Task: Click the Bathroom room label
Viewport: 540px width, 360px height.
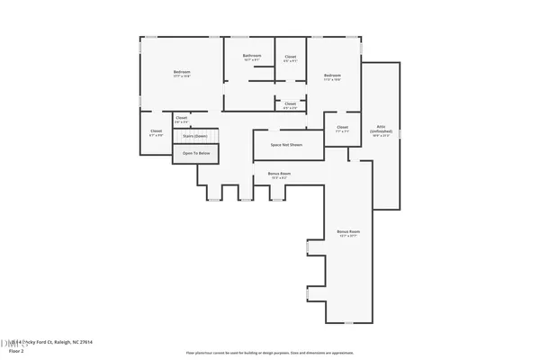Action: tap(252, 56)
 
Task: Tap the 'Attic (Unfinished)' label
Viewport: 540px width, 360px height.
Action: tap(381, 129)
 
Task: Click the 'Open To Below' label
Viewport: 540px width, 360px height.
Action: tap(196, 154)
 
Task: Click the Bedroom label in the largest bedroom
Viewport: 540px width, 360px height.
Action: tap(182, 72)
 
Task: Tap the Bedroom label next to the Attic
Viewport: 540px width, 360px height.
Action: tap(332, 75)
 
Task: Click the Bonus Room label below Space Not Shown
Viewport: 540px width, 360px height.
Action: tap(279, 173)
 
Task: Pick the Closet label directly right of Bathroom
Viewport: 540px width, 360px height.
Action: tap(291, 57)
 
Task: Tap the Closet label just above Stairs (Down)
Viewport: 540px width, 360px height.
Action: tap(181, 117)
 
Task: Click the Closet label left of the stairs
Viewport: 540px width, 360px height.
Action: tap(156, 131)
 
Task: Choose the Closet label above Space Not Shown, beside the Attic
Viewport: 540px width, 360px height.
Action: tap(342, 127)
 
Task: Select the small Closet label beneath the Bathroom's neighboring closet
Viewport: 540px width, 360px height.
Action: tap(290, 103)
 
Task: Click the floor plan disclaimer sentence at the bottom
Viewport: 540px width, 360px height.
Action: tap(270, 354)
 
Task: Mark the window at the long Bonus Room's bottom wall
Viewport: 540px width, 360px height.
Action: tap(347, 322)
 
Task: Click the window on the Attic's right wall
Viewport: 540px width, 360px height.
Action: tap(399, 135)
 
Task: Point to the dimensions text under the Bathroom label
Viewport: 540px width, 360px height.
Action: tap(252, 60)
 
